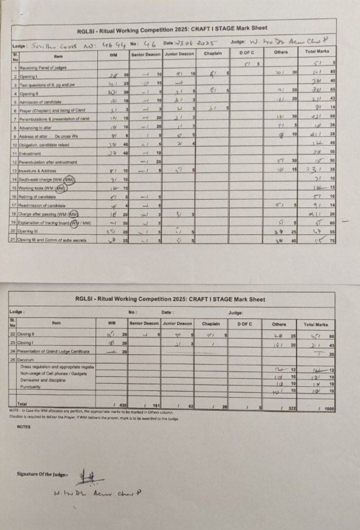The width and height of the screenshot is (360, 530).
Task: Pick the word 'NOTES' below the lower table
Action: (24, 426)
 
